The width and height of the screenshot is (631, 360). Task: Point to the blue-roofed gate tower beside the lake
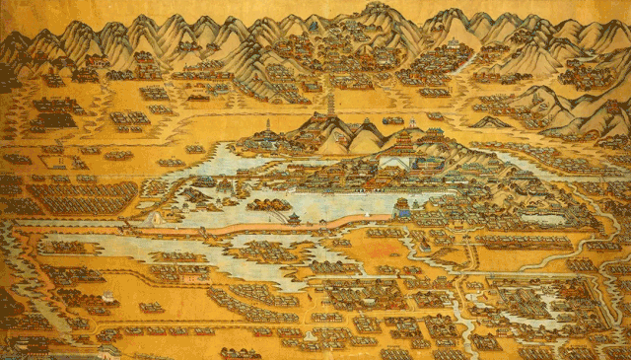pyautogui.click(x=401, y=207)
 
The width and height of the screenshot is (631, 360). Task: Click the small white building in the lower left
pyautogui.click(x=108, y=295)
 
